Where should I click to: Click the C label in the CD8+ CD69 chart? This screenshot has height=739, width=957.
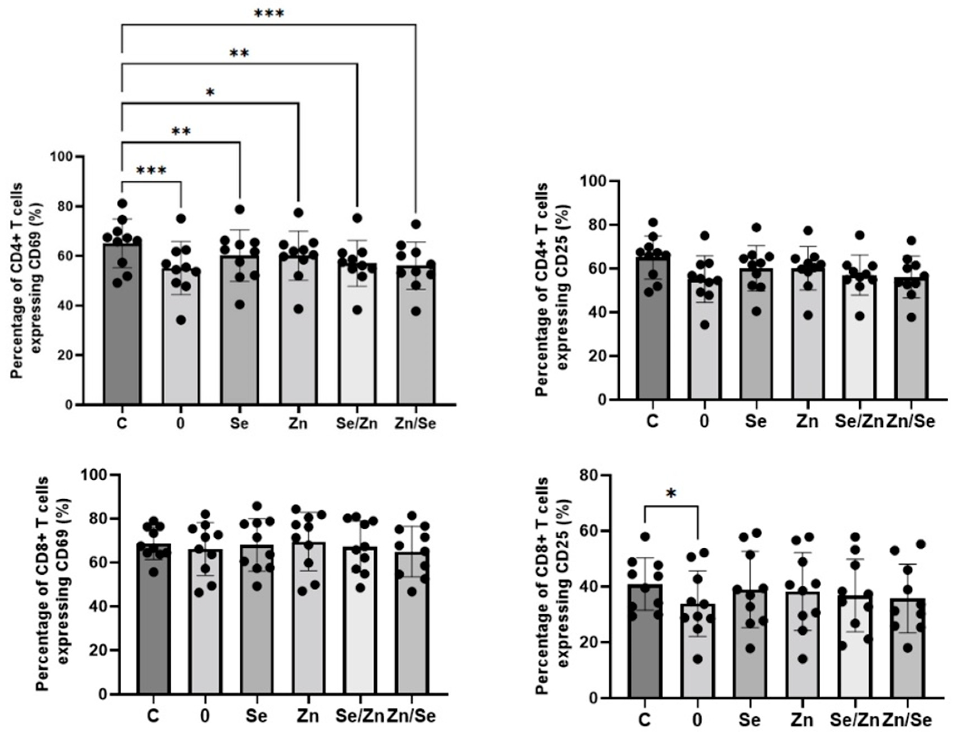pos(153,716)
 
